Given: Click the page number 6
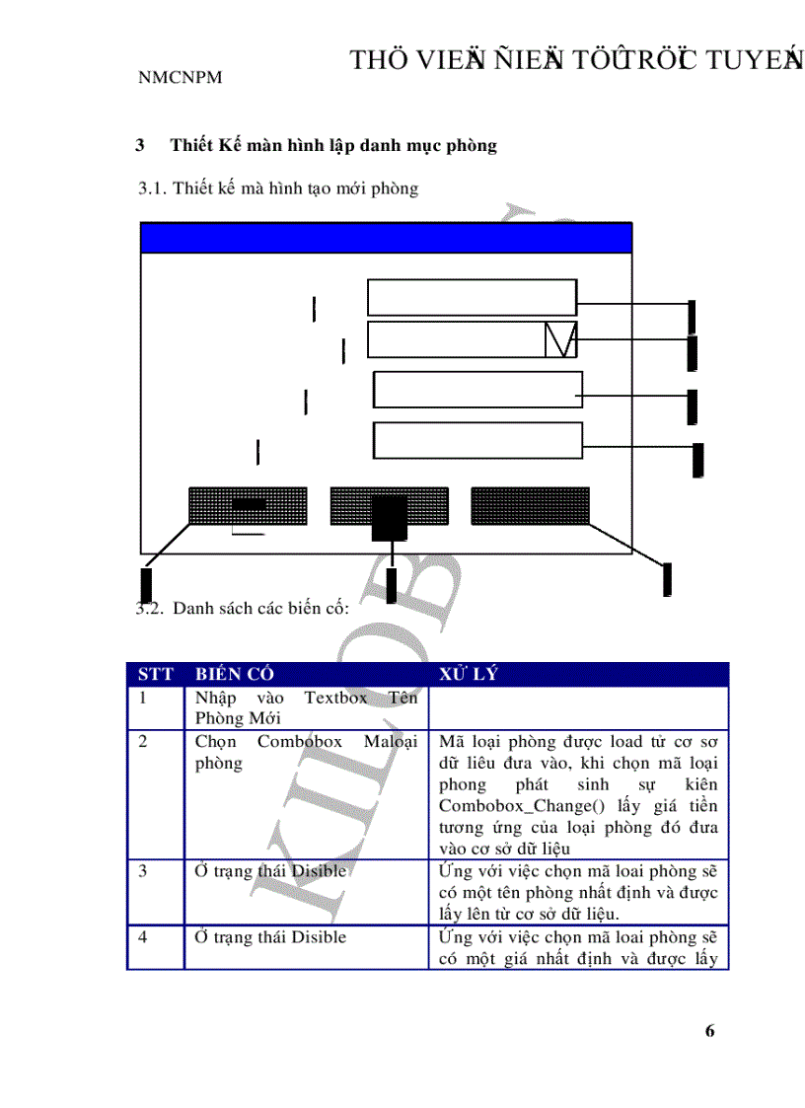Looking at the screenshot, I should tap(709, 1031).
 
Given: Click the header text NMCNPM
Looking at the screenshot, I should tap(180, 77).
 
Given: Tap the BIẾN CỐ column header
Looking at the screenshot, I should tap(234, 675).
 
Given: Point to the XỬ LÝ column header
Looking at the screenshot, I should tap(470, 675).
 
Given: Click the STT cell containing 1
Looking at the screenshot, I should tap(143, 699).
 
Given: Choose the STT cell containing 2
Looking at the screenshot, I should tap(143, 742).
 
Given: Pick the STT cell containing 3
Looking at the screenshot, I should tap(143, 871).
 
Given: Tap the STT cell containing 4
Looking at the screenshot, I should tap(143, 936).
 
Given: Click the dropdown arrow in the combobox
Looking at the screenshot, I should tap(560, 339).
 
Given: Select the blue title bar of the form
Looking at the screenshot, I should tap(386, 239).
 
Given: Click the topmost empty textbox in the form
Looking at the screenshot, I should tap(472, 297).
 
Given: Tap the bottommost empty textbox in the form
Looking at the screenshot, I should tap(477, 440).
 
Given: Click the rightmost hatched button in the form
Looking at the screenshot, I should tap(530, 505).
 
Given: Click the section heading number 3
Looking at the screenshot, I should tap(141, 146).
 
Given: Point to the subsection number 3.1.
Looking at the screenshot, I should tap(152, 188).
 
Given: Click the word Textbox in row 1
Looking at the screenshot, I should tap(335, 699).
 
